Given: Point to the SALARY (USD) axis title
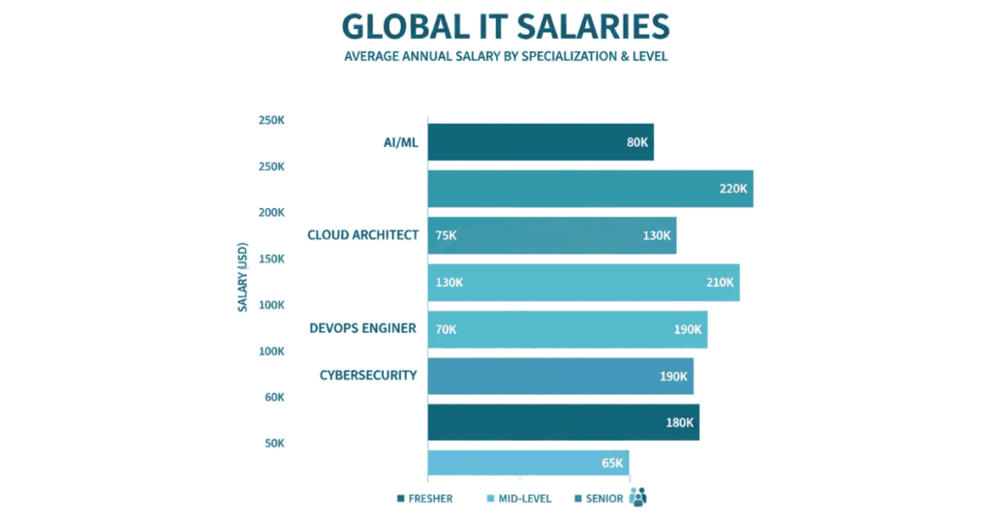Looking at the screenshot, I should coord(243,277).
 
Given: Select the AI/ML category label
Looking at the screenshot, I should coord(400,142).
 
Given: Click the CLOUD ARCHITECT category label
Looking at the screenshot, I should coord(363,234).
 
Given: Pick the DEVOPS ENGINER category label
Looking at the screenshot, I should coord(363,328).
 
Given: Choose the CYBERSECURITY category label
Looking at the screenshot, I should coord(368,375).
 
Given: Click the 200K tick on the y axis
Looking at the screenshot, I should coord(270,212).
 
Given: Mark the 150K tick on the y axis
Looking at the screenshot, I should coord(270,259).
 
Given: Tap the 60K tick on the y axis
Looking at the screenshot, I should coord(273,397).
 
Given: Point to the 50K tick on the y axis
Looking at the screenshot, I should coord(273,443).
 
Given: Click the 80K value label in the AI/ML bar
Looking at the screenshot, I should coord(636,142).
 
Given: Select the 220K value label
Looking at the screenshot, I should coord(733,189).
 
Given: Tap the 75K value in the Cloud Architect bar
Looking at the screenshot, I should coord(447,235).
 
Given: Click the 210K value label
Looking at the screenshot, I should coord(720,283).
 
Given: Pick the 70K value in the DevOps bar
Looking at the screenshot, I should coord(446,329).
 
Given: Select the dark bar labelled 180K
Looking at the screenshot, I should coord(562,422).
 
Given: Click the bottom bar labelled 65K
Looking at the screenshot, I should coord(528,463).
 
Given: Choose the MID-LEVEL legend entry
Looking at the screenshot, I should coord(520,499).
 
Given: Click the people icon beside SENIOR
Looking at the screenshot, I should coord(637,498).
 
